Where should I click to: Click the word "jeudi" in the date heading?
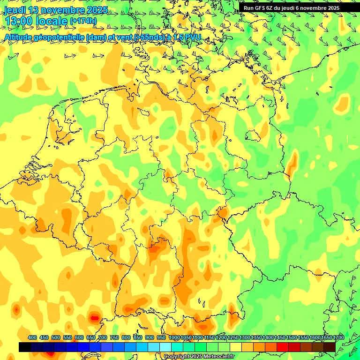click(x=15, y=10)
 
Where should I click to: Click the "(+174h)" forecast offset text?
click(x=83, y=21)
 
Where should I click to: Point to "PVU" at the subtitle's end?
click(x=193, y=37)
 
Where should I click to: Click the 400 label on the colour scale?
click(x=32, y=337)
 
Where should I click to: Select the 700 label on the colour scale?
click(x=103, y=337)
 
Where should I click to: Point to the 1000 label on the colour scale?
click(x=174, y=337)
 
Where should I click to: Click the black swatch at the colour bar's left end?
click(x=25, y=347)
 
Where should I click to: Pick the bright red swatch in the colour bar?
click(x=283, y=347)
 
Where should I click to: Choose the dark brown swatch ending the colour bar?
click(x=330, y=347)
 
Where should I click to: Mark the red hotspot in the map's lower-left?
click(x=94, y=318)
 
